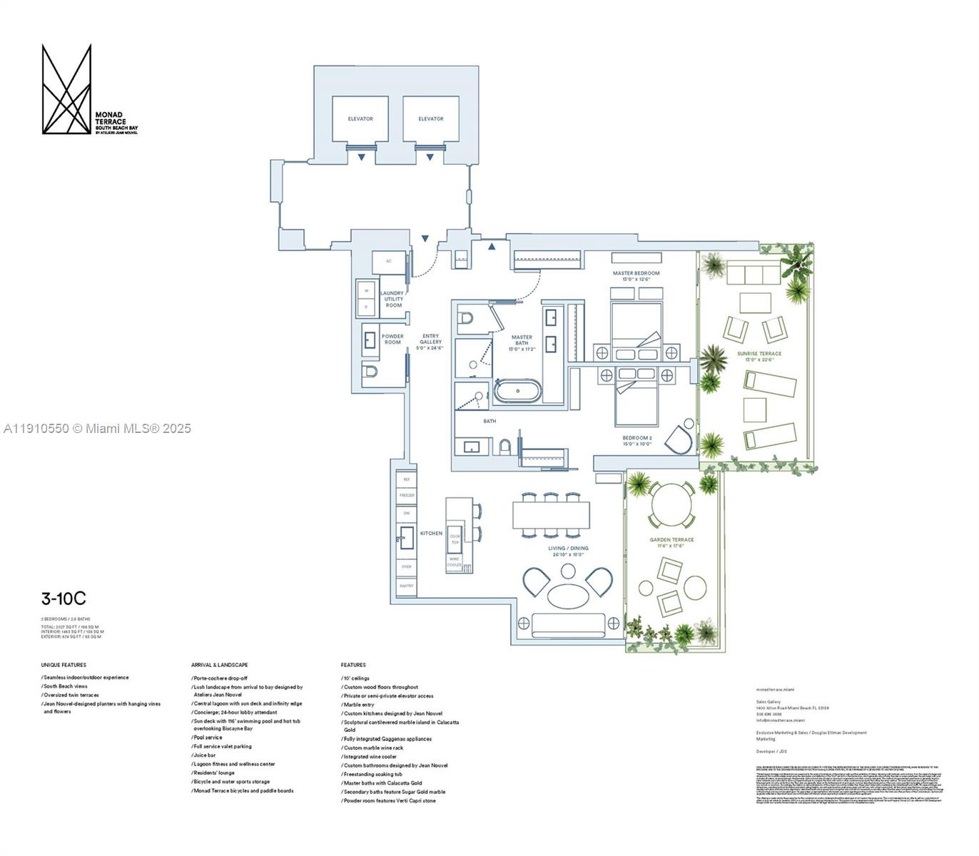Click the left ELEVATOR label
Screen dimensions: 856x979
click(360, 119)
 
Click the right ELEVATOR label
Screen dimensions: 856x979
click(431, 119)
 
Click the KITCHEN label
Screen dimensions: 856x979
click(431, 533)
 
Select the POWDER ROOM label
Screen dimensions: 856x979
click(392, 340)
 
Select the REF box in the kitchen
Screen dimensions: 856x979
click(406, 480)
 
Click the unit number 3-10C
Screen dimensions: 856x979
click(63, 599)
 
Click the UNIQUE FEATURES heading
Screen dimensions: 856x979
click(64, 665)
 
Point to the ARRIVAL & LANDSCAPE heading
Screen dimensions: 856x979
click(220, 665)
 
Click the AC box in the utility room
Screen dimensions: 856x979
click(389, 261)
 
